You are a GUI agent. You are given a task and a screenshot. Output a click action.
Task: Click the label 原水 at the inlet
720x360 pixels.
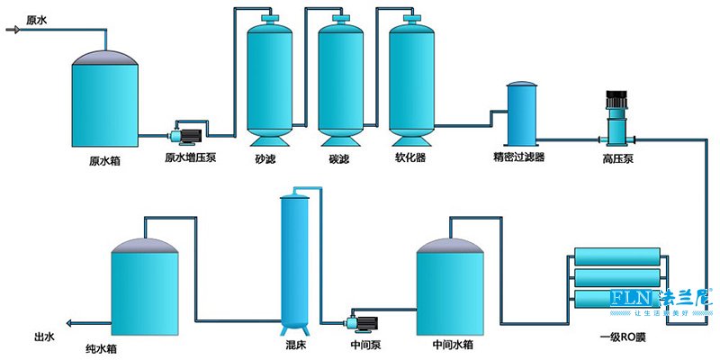click(38, 19)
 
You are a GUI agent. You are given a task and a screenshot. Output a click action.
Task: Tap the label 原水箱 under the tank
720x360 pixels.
click(104, 162)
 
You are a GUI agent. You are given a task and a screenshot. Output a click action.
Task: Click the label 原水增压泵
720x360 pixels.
click(190, 158)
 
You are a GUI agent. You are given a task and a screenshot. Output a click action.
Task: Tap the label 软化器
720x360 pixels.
click(409, 158)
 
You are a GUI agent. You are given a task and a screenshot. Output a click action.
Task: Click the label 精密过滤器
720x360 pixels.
click(519, 158)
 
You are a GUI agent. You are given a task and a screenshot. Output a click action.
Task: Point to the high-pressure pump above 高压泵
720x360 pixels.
click(617, 117)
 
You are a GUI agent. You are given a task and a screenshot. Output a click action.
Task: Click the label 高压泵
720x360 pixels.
click(617, 158)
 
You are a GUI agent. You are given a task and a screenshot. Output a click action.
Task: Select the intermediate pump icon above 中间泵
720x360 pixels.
click(362, 319)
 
